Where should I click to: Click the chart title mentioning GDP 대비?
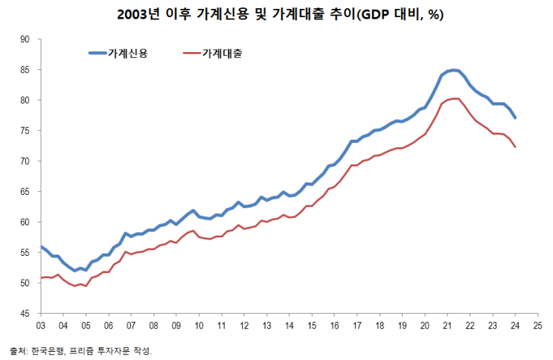tap(276, 14)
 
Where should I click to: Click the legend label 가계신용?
tap(127, 53)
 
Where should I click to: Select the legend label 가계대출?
tap(222, 53)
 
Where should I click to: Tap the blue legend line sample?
tap(98, 53)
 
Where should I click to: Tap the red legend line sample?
tap(191, 53)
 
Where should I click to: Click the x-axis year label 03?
tap(40, 326)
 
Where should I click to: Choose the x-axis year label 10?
tap(199, 326)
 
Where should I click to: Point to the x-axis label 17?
tap(357, 326)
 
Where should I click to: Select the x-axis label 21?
tap(447, 326)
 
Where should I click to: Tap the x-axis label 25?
tap(538, 326)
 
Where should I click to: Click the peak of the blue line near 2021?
tap(454, 70)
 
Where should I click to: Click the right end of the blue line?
tap(516, 118)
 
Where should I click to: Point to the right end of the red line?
tap(516, 147)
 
